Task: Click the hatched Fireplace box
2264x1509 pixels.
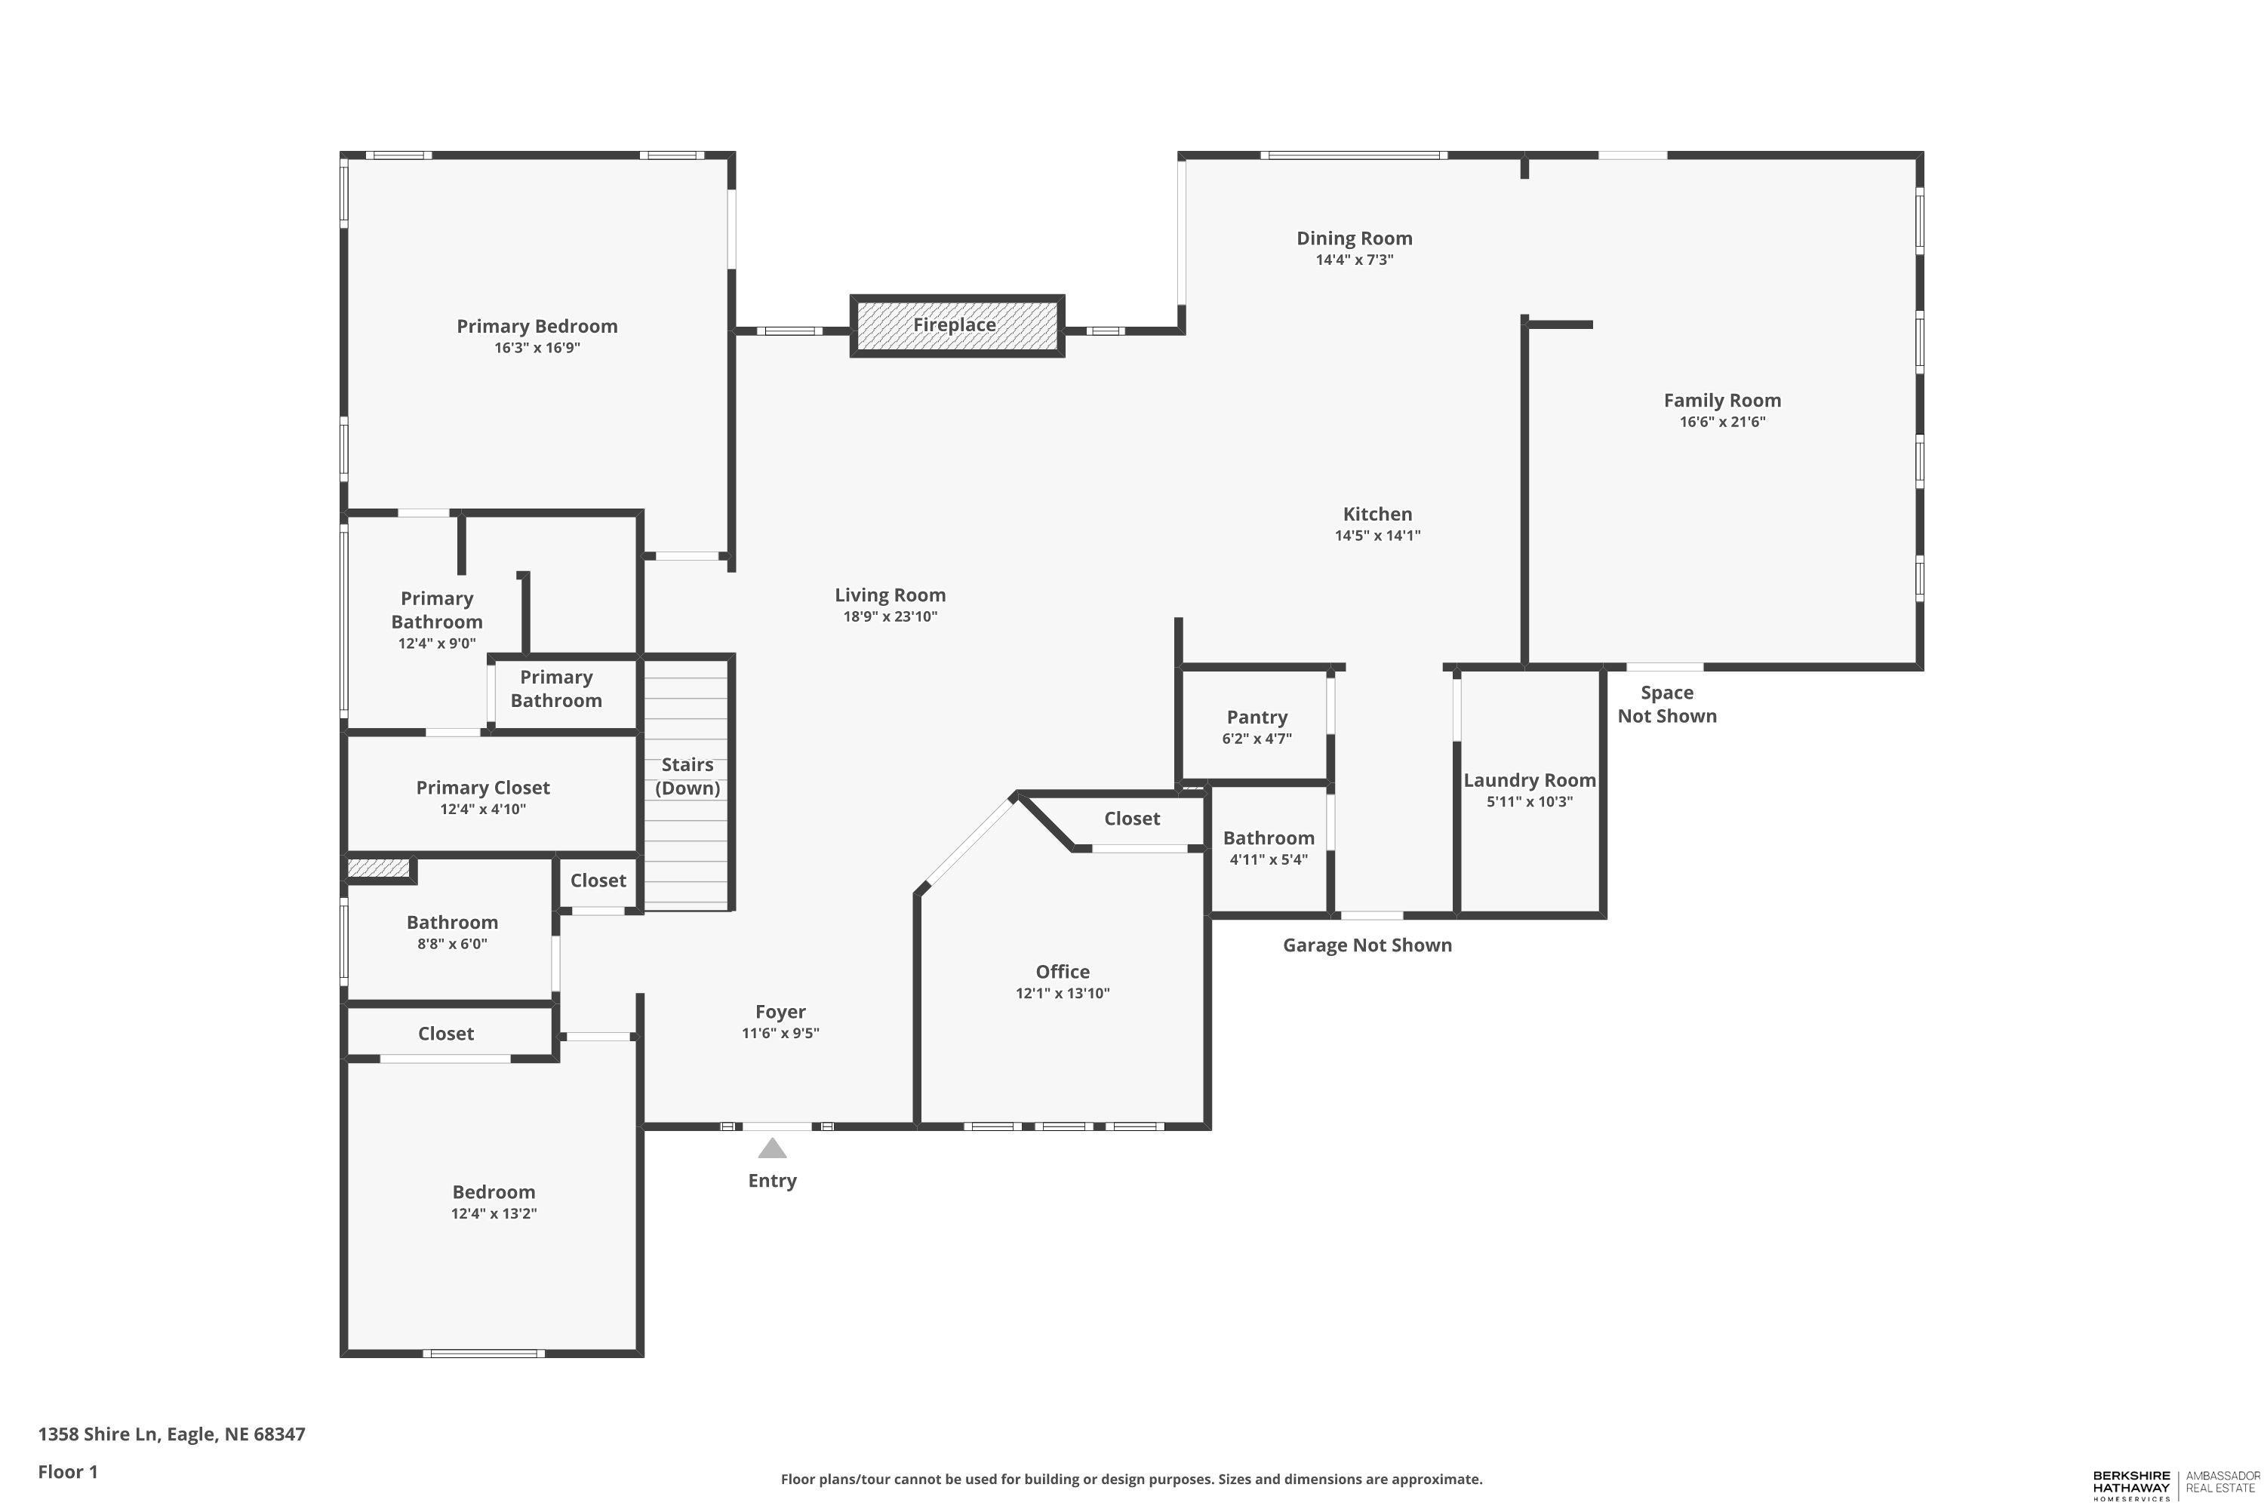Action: pos(956,325)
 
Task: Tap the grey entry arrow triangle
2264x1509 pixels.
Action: pos(772,1148)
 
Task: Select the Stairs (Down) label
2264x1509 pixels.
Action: pos(688,776)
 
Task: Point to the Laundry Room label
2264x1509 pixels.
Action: pos(1529,780)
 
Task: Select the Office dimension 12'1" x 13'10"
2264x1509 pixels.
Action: pos(1062,993)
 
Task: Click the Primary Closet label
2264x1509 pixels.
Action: pos(482,787)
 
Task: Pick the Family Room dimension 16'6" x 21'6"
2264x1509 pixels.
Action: pos(1721,422)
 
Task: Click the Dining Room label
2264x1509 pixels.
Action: pos(1353,238)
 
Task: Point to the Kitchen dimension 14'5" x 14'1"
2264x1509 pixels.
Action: pos(1377,536)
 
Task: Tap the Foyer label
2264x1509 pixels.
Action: pos(780,1012)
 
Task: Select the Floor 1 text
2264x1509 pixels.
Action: pos(67,1471)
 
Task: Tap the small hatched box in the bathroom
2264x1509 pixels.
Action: pos(378,868)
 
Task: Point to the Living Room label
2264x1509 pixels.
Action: pos(890,595)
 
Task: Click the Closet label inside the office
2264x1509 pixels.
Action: pos(1131,818)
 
